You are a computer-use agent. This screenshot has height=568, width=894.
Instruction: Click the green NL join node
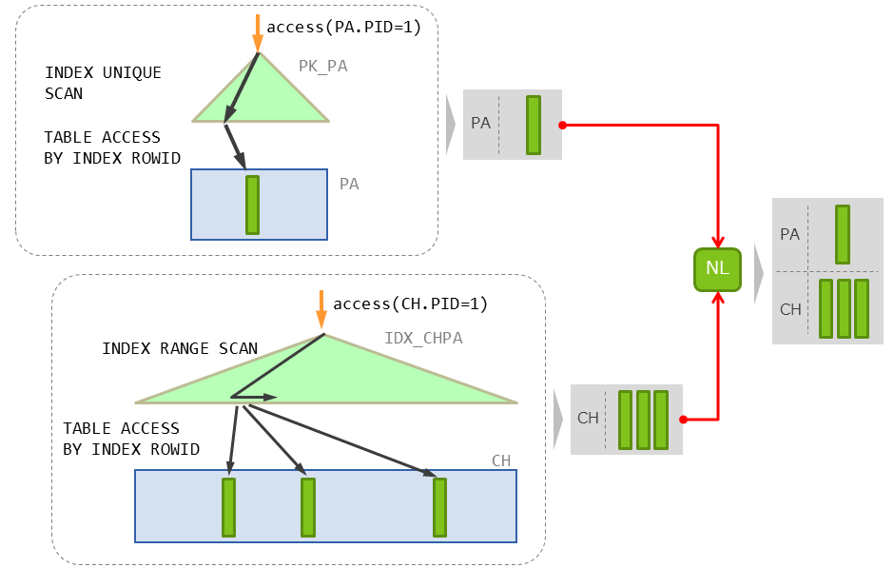pos(717,268)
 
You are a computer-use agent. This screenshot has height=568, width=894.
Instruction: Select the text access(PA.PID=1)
pos(351,27)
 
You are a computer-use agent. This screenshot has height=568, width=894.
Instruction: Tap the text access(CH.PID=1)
pos(410,304)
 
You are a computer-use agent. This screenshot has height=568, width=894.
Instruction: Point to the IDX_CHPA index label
pos(423,338)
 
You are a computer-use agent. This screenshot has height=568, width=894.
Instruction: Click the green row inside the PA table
pos(252,205)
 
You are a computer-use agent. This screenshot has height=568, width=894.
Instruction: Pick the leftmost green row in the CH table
pos(228,507)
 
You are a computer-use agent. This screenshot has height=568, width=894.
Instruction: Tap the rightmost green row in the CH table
pos(439,507)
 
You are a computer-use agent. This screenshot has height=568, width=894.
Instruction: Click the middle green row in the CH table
pos(307,507)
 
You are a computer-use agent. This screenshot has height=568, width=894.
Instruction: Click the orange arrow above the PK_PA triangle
pos(257,33)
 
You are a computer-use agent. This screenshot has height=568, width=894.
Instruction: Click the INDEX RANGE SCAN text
pos(180,348)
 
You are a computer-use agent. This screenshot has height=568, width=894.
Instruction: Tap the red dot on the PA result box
pos(562,125)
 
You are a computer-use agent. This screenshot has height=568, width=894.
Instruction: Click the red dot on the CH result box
pos(684,419)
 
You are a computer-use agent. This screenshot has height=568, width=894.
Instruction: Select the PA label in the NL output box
pos(789,234)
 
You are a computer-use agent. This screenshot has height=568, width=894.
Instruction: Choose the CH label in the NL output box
pos(790,309)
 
